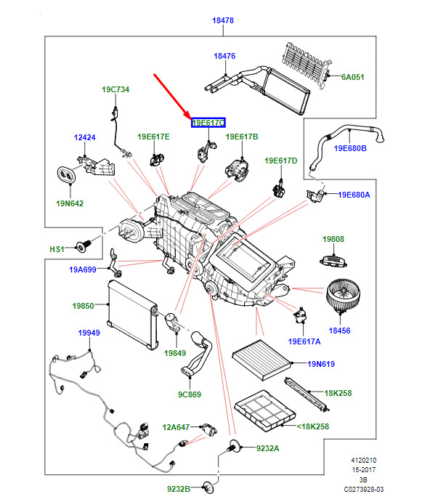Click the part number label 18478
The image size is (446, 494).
223,20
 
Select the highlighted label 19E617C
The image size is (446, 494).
208,123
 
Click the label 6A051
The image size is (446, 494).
352,76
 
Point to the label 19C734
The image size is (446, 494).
115,89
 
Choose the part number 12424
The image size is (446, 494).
84,137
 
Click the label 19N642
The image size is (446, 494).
70,203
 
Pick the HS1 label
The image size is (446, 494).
57,249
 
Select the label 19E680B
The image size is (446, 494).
350,149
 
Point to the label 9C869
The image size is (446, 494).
190,395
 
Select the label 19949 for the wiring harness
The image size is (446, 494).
89,333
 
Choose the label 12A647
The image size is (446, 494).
174,427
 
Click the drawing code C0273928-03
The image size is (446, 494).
364,489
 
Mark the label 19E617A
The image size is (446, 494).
304,341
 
